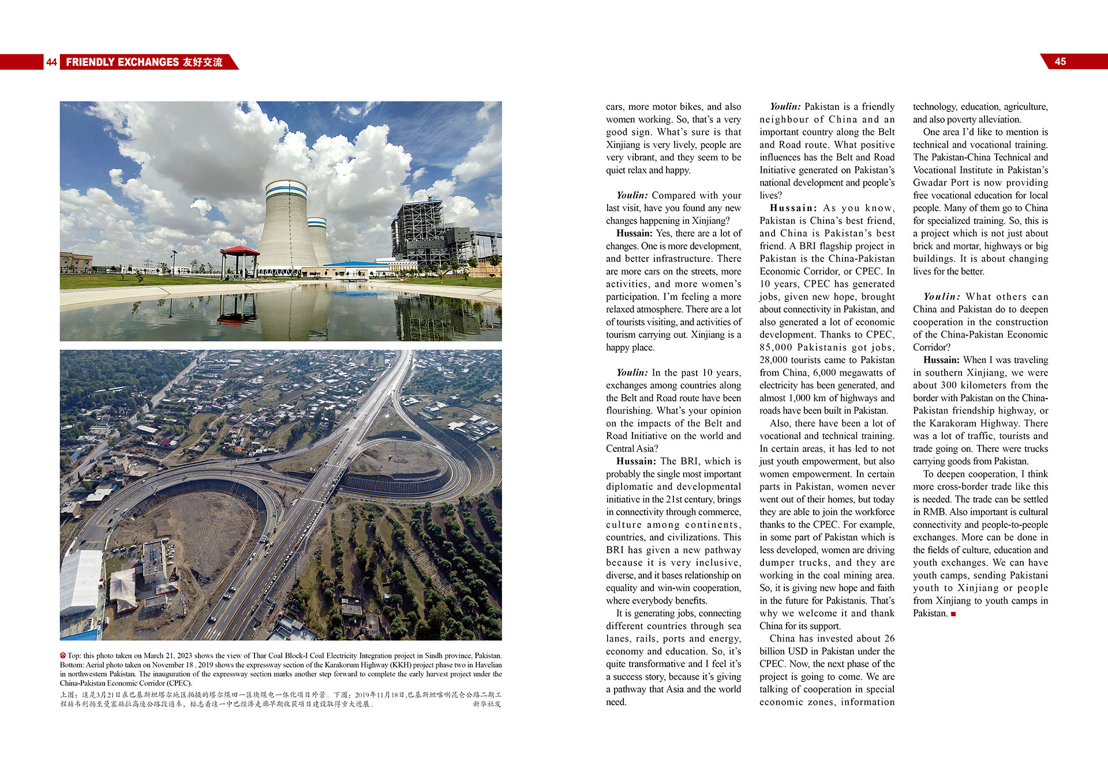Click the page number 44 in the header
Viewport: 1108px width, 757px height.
click(51, 62)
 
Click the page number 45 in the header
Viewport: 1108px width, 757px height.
click(1060, 62)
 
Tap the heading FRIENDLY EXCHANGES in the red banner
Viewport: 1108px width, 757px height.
click(122, 62)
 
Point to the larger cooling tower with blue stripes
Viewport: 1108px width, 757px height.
click(287, 225)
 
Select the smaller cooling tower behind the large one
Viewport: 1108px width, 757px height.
click(319, 239)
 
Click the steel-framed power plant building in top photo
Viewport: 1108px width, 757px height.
click(424, 231)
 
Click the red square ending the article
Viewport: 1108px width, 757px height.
click(953, 614)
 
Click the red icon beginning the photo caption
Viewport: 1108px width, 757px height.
click(63, 655)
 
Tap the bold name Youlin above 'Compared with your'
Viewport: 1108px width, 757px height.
click(632, 196)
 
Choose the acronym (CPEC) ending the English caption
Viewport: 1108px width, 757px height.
click(179, 683)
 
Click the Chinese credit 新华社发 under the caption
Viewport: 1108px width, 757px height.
click(487, 704)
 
